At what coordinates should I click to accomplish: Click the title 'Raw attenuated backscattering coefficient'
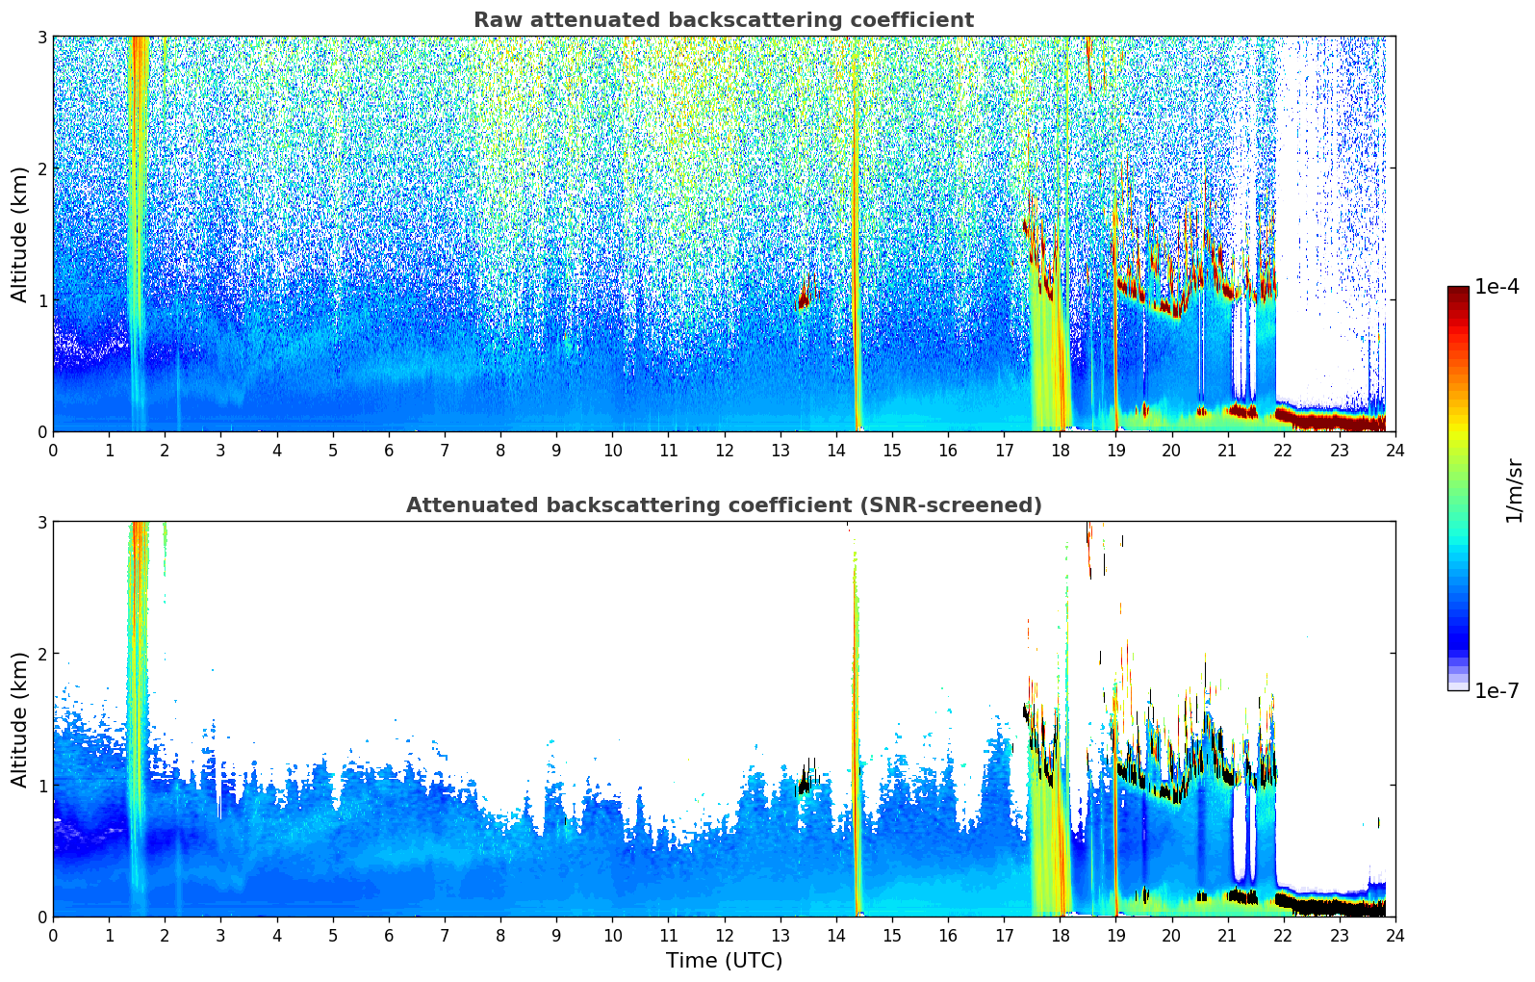click(723, 20)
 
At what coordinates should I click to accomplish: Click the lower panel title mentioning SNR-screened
click(723, 505)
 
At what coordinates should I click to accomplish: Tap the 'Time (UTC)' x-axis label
click(724, 961)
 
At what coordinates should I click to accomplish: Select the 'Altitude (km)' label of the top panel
click(19, 234)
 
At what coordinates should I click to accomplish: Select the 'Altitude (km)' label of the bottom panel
click(19, 719)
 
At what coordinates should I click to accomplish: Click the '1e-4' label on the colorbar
click(1497, 287)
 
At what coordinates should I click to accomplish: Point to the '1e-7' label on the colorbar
click(1497, 690)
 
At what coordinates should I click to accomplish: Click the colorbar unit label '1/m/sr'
click(1514, 489)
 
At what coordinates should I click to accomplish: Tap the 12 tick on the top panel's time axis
click(724, 450)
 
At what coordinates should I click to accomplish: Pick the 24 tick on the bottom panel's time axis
click(1394, 935)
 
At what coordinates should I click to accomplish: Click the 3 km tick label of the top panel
click(41, 37)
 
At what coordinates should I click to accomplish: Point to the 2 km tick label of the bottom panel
click(41, 654)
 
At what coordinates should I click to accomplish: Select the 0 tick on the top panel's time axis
click(53, 450)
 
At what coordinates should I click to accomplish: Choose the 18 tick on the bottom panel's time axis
click(1060, 935)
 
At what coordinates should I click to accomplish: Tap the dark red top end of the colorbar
click(1457, 292)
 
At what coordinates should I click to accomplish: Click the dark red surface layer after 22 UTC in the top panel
click(1333, 420)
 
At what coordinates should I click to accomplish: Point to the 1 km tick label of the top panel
click(41, 300)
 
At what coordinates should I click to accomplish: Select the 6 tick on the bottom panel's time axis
click(389, 935)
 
